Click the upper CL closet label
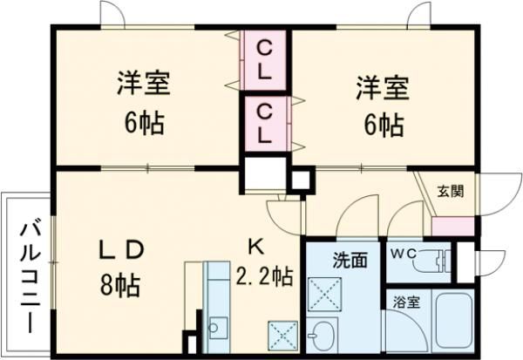[x=267, y=58]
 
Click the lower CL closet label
[x=267, y=123]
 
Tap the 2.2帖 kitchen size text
[x=263, y=277]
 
